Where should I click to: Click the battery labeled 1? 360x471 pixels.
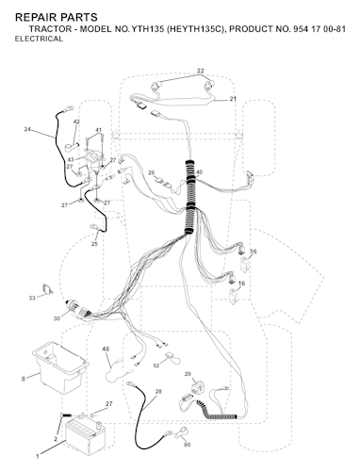click(x=84, y=438)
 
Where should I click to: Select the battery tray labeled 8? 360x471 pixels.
click(x=59, y=366)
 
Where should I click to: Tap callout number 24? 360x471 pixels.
click(x=27, y=129)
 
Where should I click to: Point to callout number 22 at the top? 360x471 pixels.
click(x=200, y=71)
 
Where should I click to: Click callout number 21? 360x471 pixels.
click(x=233, y=99)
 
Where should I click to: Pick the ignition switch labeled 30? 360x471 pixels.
click(x=77, y=309)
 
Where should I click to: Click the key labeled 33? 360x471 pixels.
click(x=48, y=289)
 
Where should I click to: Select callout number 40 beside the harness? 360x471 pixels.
click(x=199, y=172)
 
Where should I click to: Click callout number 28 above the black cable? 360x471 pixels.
click(x=158, y=391)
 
